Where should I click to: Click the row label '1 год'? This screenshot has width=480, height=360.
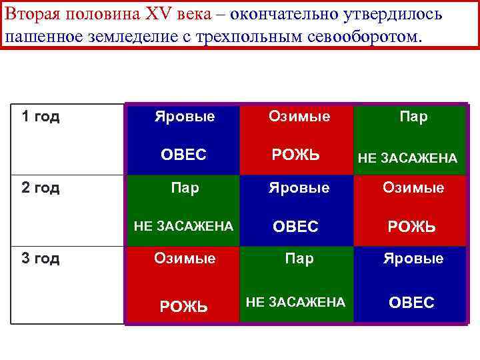[x=41, y=117]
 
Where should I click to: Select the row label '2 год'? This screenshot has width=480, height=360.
[x=41, y=188]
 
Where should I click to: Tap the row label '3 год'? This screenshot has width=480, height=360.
[x=41, y=259]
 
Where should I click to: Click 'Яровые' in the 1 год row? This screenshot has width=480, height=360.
[x=185, y=117]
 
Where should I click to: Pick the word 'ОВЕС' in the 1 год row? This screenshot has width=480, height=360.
[x=183, y=155]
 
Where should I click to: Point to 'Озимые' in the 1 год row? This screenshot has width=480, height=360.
[x=299, y=117]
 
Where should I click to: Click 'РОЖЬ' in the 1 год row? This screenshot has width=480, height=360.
[x=295, y=155]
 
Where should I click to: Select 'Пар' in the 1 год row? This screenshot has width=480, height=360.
[x=413, y=117]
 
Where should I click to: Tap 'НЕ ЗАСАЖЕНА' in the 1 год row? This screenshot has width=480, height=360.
[x=407, y=158]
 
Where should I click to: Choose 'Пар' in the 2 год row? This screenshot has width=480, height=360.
[x=185, y=188]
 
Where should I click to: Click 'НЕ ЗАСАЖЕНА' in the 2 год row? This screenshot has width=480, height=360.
[x=183, y=226]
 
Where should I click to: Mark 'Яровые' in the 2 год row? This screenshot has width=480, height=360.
[x=299, y=188]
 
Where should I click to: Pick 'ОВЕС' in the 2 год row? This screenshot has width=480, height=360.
[x=296, y=227]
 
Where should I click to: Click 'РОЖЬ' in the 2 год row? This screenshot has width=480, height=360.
[x=412, y=227]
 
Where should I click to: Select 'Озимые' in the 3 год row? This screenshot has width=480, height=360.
[x=185, y=258]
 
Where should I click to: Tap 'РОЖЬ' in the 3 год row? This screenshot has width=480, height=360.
[x=183, y=306]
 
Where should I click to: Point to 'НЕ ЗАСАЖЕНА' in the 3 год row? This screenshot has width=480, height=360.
[x=295, y=302]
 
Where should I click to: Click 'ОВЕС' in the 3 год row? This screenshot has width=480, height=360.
[x=411, y=303]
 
